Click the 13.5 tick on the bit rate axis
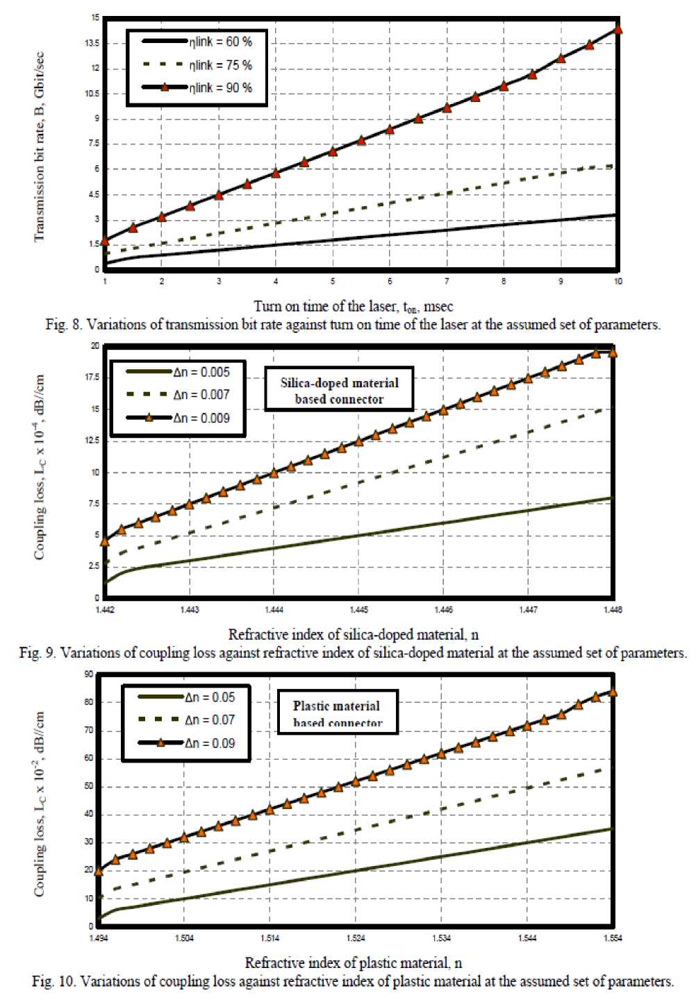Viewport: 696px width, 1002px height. point(92,43)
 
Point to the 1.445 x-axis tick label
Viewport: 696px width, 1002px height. point(358,610)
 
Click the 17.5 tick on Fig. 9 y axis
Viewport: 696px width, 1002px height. point(92,377)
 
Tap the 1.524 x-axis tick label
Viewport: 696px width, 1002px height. point(355,938)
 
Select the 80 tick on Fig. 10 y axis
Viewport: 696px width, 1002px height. point(89,702)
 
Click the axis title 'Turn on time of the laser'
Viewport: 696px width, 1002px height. point(354,306)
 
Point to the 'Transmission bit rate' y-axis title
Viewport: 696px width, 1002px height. point(39,147)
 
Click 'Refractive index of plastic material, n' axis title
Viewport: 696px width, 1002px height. point(354,962)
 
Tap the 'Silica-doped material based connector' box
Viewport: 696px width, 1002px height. point(339,391)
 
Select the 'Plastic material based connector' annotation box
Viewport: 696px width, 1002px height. point(338,713)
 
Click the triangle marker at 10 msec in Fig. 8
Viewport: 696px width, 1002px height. point(618,29)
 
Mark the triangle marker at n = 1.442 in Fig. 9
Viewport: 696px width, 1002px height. point(105,541)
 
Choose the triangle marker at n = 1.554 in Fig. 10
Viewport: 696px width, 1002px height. point(613,692)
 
